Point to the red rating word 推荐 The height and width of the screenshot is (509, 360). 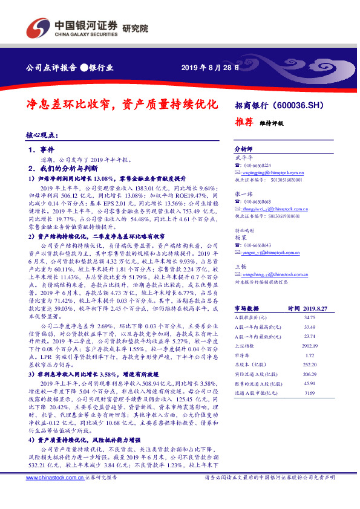pos(244,121)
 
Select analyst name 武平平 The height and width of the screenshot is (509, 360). pos(242,157)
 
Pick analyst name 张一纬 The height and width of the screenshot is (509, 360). pos(242,193)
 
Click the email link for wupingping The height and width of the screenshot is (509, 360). pos(273,172)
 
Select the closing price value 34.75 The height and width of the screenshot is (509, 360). pos(310,317)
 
